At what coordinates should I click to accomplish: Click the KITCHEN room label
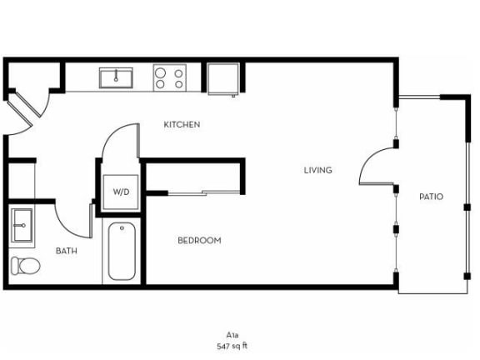182,125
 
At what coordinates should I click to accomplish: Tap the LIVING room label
317,170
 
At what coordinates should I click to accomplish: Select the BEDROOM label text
199,241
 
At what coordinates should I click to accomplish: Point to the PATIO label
431,197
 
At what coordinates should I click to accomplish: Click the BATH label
67,251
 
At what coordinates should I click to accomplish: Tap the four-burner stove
169,78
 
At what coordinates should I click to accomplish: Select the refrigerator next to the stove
222,79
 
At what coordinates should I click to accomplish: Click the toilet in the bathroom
26,266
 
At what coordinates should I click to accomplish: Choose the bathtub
122,251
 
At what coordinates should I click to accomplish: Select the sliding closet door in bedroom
193,193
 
